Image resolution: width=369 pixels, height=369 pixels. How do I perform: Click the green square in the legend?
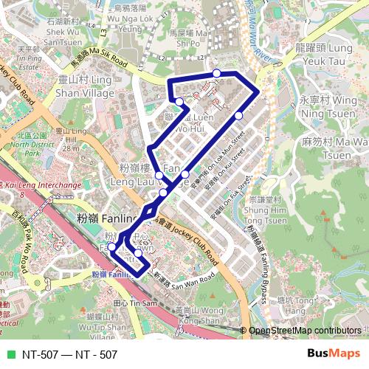coord(8,354)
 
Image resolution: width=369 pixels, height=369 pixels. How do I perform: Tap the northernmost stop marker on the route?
coord(216,72)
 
